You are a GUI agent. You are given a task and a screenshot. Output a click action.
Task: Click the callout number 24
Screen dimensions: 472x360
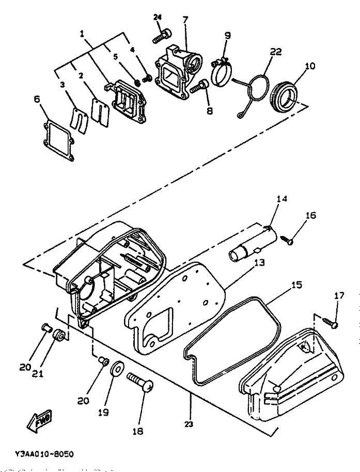(158, 18)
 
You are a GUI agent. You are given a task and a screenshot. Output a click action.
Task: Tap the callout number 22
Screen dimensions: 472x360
(275, 52)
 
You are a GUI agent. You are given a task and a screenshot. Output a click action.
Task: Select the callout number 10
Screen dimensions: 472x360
(309, 66)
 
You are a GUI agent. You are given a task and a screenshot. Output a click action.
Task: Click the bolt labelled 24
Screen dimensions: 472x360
(161, 36)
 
